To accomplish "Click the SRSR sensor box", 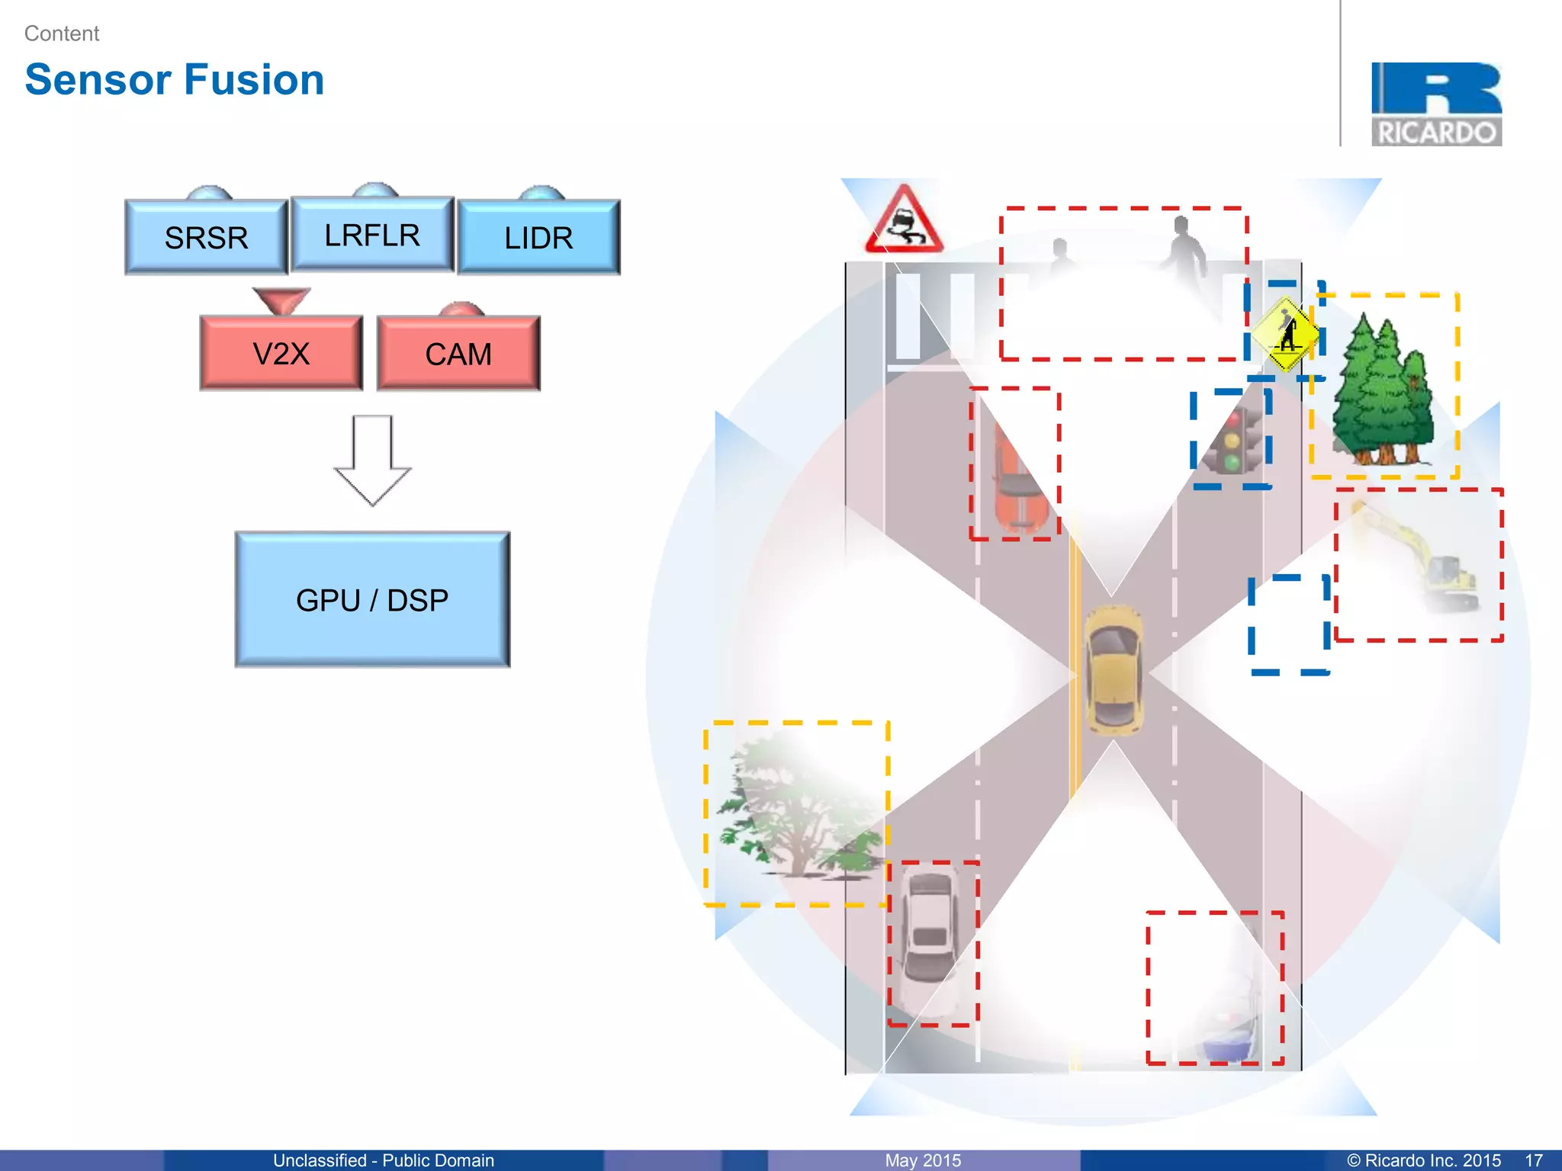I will click(x=206, y=237).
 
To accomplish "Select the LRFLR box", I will click(x=372, y=235).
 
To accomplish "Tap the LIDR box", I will click(x=538, y=237).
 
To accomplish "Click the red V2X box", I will click(x=281, y=354).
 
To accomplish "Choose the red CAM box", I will click(x=458, y=354).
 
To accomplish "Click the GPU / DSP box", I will click(x=372, y=600).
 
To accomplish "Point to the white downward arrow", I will click(x=372, y=460).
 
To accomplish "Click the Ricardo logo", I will click(x=1436, y=104).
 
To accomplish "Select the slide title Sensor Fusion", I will click(x=175, y=79).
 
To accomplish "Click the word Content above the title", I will click(x=62, y=34).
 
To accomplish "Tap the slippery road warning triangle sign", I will click(x=904, y=221).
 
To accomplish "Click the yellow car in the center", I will click(x=1114, y=669).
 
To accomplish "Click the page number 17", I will click(x=1534, y=1160).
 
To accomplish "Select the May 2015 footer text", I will click(x=923, y=1160).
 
